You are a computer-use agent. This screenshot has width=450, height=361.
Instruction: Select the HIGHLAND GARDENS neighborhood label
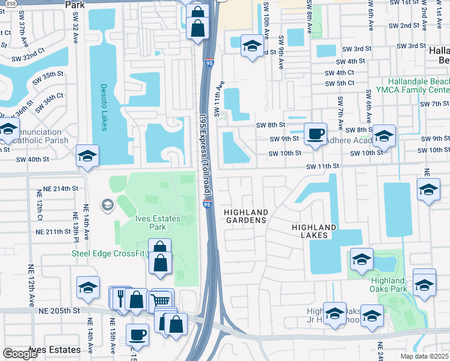pyautogui.click(x=245, y=217)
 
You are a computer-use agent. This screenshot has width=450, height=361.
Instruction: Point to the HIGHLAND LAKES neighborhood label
pyautogui.click(x=314, y=231)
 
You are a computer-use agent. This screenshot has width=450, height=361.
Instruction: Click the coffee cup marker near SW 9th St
pyautogui.click(x=315, y=134)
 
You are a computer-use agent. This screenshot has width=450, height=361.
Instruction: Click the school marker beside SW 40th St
pyautogui.click(x=87, y=156)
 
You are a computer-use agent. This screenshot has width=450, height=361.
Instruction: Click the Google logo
pyautogui.click(x=20, y=354)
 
